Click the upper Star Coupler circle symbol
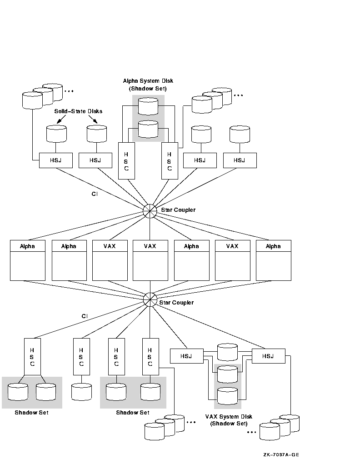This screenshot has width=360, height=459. pos(150,210)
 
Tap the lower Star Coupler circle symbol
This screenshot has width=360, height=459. pos(150,299)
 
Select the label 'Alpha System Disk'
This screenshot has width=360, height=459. pos(148,81)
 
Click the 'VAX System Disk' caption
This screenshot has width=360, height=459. pos(229,416)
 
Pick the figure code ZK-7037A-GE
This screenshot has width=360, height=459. pos(280,454)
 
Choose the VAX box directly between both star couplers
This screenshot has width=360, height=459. pos(150,260)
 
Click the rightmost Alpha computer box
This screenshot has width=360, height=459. pos(273,260)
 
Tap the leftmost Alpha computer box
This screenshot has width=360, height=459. pos(27,260)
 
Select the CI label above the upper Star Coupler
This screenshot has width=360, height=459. pos(95,194)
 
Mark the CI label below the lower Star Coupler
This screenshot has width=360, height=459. pos(85,316)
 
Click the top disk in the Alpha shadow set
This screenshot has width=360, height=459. pos(148,107)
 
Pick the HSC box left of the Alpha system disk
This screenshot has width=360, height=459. pos(126,162)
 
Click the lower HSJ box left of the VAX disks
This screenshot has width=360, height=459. pos(186,356)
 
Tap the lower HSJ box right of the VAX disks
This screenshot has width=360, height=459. pos(268,356)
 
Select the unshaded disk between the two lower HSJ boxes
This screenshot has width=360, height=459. pos(227,352)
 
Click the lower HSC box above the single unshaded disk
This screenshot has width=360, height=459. pos(81,356)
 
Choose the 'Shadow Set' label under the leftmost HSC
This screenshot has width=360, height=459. pos(31,413)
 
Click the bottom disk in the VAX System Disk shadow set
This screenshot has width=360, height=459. pos(227,396)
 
